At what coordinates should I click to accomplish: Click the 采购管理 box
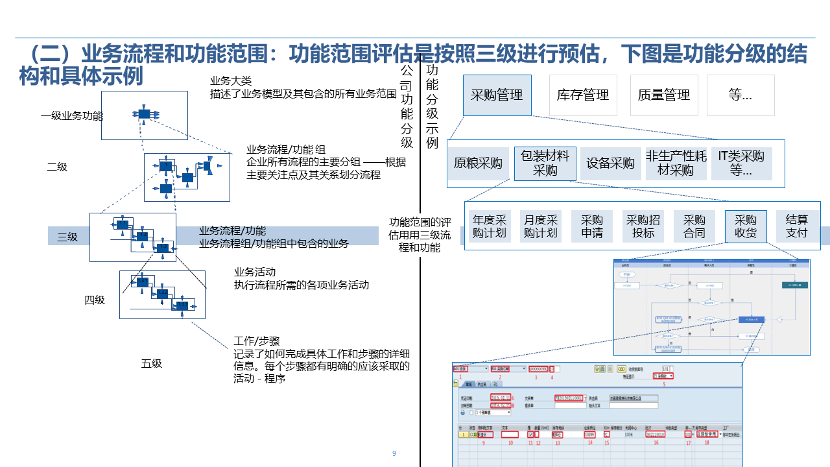(x=497, y=95)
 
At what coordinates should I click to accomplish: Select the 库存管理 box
(x=583, y=95)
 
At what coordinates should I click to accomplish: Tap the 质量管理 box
(x=663, y=95)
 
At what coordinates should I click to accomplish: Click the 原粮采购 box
(x=478, y=163)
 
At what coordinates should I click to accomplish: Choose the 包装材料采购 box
(x=545, y=163)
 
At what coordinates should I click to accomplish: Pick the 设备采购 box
(x=610, y=163)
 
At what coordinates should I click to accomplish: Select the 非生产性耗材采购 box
(x=676, y=163)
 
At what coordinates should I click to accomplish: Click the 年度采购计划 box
(x=490, y=226)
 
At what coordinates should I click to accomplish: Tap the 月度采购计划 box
(x=541, y=226)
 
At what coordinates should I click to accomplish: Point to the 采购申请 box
(x=592, y=226)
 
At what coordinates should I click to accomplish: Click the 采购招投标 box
(x=643, y=226)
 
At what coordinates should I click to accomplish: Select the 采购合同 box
(x=694, y=226)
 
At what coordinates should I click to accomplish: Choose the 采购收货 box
(x=746, y=226)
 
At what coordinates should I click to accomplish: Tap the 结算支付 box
(x=797, y=226)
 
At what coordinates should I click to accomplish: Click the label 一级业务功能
(x=72, y=116)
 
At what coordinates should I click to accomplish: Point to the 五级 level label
(x=152, y=363)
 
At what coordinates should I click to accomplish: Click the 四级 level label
(x=95, y=300)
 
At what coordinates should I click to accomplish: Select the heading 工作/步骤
(x=256, y=341)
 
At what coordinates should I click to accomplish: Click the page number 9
(x=394, y=453)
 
